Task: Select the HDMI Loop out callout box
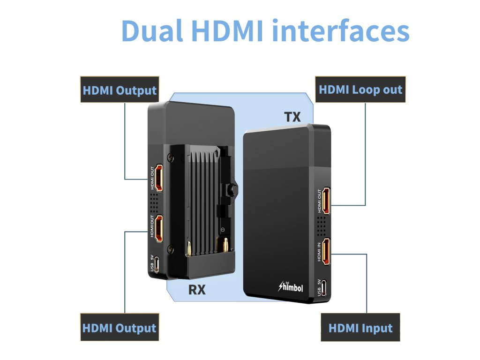point(360,90)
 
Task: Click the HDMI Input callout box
point(360,328)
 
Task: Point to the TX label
point(292,117)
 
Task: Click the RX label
point(197,290)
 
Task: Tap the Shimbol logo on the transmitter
point(291,287)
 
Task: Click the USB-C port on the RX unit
point(159,264)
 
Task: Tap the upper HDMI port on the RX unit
point(159,178)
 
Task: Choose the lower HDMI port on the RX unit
point(159,228)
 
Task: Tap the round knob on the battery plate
point(231,190)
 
